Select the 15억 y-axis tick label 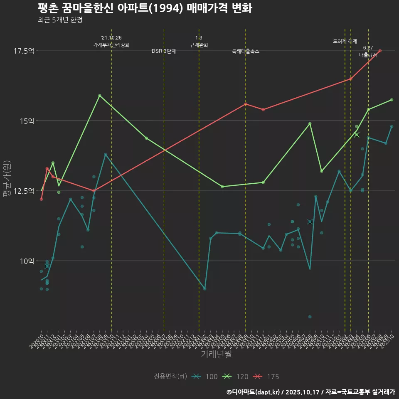click(26, 121)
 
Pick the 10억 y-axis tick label click(26, 261)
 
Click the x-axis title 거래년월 click(216, 355)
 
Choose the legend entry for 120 click(236, 377)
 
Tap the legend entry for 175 click(266, 377)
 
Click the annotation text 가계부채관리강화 click(111, 45)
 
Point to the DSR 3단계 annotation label click(164, 51)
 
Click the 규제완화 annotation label click(199, 45)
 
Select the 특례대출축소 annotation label click(246, 51)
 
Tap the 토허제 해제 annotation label click(345, 41)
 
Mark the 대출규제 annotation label click(368, 55)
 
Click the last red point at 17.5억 click(380, 51)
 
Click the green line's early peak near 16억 click(100, 96)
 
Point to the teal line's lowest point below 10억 click(205, 288)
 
